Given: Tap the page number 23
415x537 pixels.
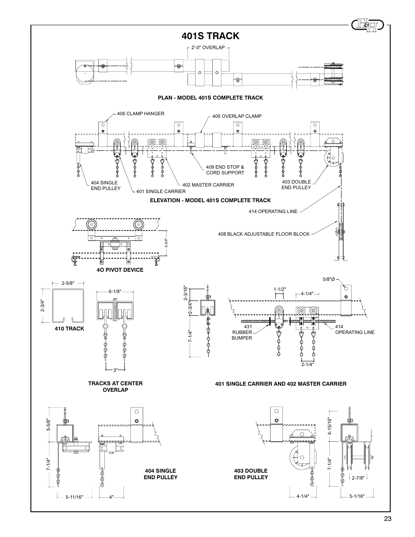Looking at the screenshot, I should point(388,518).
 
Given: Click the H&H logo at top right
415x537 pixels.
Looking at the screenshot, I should point(368,25).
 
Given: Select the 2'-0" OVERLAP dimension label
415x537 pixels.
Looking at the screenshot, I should point(207,47).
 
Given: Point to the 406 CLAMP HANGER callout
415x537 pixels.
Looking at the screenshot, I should point(141,113).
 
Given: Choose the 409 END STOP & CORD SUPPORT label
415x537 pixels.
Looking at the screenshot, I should point(225,170).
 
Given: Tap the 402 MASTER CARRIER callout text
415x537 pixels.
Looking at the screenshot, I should point(208,185).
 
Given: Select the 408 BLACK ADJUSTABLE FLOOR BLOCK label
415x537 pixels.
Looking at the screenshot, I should point(264,234).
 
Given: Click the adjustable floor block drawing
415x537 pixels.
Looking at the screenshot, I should point(341,235).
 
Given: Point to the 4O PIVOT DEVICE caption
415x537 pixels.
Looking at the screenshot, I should point(120,270).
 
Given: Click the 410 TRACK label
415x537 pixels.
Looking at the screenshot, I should point(69,329).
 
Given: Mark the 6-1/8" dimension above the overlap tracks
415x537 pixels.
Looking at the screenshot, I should point(114,292).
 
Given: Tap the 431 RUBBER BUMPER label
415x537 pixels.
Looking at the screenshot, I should point(242,332).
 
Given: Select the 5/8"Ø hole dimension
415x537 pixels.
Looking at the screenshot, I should point(328,279).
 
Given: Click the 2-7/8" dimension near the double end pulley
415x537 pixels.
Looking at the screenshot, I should point(358,477).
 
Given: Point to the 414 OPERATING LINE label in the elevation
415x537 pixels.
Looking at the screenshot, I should point(273,211).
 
